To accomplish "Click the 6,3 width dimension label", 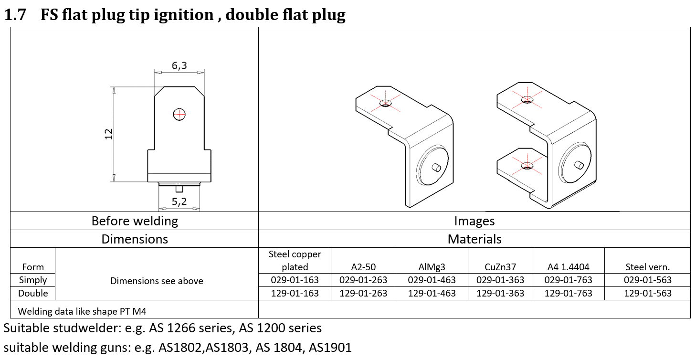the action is point(179,65).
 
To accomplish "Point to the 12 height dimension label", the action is point(108,134).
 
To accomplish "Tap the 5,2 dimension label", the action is point(179,201).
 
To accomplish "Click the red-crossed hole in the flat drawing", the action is point(179,115).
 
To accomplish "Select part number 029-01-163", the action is point(295,280).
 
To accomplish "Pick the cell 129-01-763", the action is point(568,293).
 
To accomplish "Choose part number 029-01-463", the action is point(432,280).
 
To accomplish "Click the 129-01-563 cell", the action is point(648,293).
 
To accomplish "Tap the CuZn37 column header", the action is point(500,267).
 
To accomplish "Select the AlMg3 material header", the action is point(432,267).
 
